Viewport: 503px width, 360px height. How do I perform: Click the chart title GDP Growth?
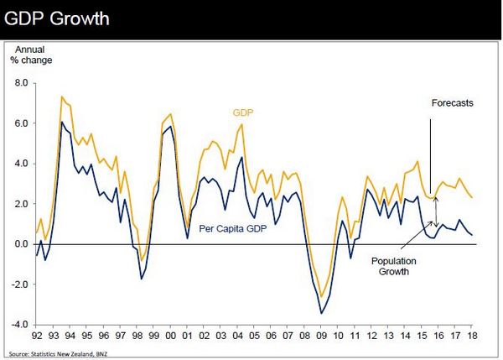point(56,18)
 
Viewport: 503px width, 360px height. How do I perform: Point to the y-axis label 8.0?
point(21,83)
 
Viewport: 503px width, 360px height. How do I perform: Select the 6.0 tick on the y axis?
point(21,123)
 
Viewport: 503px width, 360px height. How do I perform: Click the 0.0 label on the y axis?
point(21,244)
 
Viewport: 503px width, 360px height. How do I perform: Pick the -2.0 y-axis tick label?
point(19,284)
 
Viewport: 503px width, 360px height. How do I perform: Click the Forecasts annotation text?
point(453,103)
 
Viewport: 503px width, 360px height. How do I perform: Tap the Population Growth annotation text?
point(395,266)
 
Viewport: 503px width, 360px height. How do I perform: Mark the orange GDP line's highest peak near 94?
point(61,97)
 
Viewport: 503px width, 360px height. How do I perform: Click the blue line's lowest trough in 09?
point(321,313)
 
